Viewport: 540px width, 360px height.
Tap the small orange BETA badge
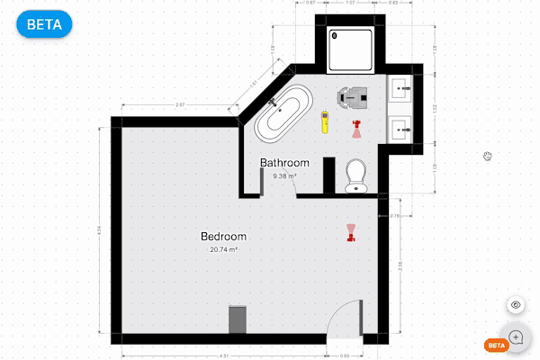click(495, 345)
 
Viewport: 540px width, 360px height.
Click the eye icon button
click(517, 306)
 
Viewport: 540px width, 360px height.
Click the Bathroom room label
click(284, 163)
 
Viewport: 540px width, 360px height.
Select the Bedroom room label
click(223, 237)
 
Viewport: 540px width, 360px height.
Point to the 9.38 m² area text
click(284, 176)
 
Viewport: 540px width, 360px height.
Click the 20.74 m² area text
click(223, 249)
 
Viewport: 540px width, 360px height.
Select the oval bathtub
click(283, 113)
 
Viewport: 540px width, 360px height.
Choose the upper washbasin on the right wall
click(400, 88)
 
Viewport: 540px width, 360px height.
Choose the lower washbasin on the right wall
click(400, 127)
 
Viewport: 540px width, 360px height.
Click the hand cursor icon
click(488, 157)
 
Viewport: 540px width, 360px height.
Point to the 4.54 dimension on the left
click(99, 232)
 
